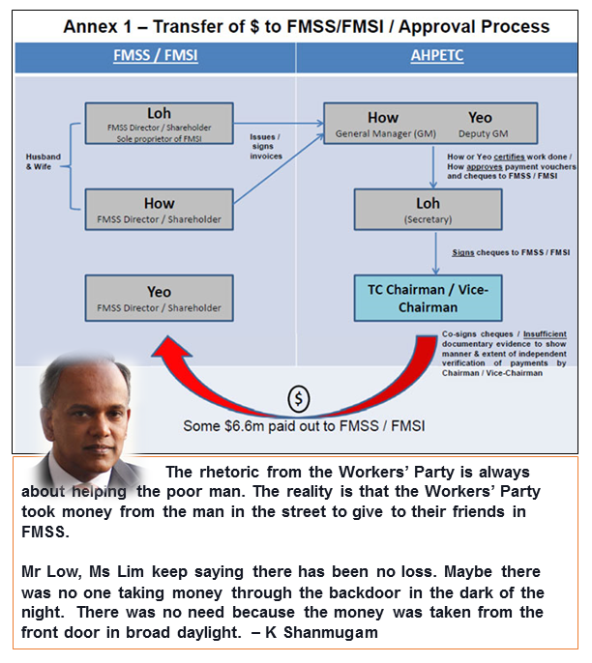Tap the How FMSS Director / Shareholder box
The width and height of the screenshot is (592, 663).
(x=160, y=209)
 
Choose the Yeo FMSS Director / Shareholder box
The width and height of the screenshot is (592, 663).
(x=160, y=298)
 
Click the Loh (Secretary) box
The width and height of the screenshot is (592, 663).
(x=428, y=209)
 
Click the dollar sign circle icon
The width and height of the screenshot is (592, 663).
(x=300, y=398)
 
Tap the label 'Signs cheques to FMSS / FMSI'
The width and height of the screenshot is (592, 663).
(x=510, y=252)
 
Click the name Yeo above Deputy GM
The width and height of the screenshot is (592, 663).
(x=480, y=119)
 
